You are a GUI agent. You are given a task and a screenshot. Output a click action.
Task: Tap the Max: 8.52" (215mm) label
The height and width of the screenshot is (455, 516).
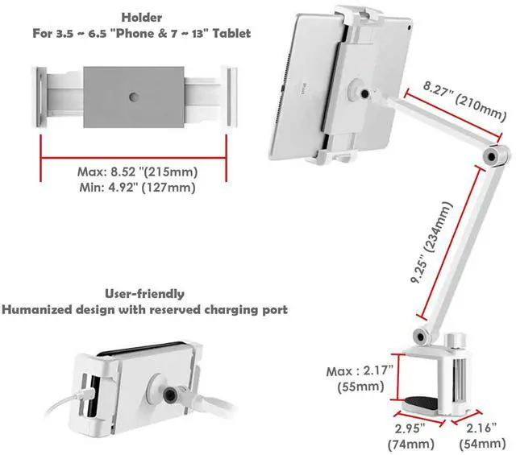[133, 172]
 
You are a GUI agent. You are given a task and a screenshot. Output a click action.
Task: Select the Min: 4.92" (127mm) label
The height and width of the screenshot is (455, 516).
[133, 187]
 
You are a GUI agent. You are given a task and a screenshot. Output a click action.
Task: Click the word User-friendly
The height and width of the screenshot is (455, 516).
[144, 294]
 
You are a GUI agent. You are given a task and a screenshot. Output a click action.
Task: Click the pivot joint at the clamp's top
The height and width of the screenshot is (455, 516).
[420, 335]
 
